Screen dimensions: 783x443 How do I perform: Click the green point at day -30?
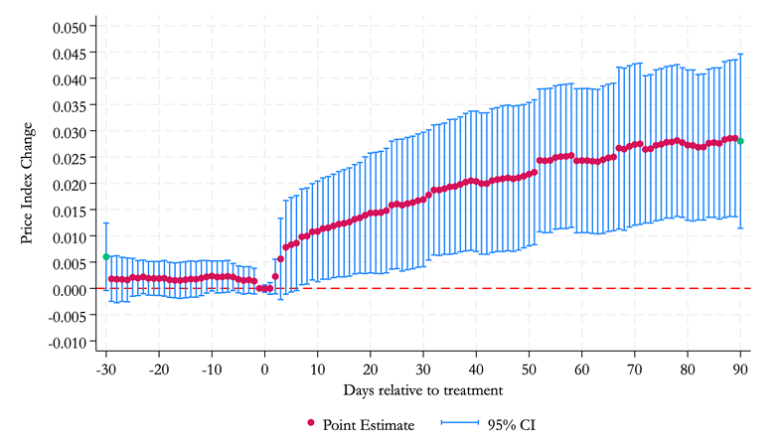click(106, 256)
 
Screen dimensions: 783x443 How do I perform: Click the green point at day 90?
click(740, 141)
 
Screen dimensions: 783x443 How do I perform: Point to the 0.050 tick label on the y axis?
click(70, 27)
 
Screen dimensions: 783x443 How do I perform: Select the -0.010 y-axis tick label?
click(68, 343)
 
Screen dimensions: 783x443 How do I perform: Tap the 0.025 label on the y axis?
click(70, 158)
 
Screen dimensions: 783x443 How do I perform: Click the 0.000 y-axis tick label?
click(70, 290)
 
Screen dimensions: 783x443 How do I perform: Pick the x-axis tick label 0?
click(264, 369)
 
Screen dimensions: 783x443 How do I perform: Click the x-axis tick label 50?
click(529, 369)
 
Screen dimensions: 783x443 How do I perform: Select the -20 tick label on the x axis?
click(159, 369)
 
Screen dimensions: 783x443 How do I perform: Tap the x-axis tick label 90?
click(740, 369)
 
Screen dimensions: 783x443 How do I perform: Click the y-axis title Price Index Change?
click(28, 184)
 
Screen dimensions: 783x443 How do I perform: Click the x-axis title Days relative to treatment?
click(423, 390)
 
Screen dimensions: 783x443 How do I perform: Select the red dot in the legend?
click(311, 423)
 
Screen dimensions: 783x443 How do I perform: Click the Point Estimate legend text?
click(369, 425)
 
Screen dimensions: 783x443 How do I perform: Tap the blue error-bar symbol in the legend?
click(459, 423)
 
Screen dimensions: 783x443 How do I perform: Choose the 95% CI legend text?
click(512, 425)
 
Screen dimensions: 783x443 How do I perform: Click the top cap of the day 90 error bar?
click(740, 54)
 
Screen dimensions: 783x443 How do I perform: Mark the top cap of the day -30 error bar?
click(106, 223)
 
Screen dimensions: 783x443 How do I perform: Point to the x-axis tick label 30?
click(423, 369)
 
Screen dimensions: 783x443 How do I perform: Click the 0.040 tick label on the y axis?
click(70, 79)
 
